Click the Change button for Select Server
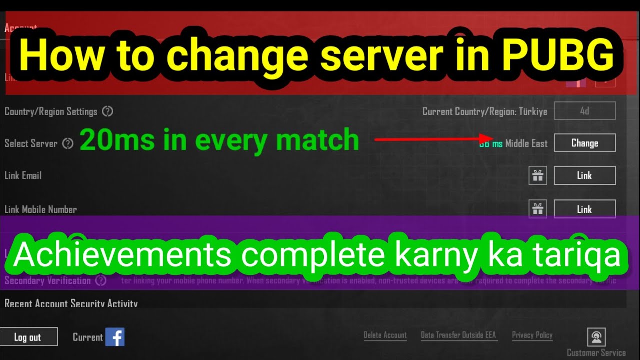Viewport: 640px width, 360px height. [x=584, y=143]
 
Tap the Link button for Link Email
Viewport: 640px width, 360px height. [x=584, y=176]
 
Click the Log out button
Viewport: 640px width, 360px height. [x=28, y=337]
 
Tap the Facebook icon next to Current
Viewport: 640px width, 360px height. [x=115, y=337]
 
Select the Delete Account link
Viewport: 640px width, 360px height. [x=385, y=335]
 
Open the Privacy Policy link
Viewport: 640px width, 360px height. [x=532, y=335]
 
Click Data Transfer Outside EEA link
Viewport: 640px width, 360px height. [x=458, y=335]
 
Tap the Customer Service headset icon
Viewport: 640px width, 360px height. [x=596, y=337]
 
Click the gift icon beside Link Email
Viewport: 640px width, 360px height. [x=538, y=176]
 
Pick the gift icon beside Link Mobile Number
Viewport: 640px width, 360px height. [x=538, y=209]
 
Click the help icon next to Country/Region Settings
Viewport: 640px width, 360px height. [x=107, y=111]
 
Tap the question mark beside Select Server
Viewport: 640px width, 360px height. [x=68, y=144]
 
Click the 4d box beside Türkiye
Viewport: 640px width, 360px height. [x=584, y=111]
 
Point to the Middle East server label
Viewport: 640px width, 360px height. [x=526, y=144]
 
